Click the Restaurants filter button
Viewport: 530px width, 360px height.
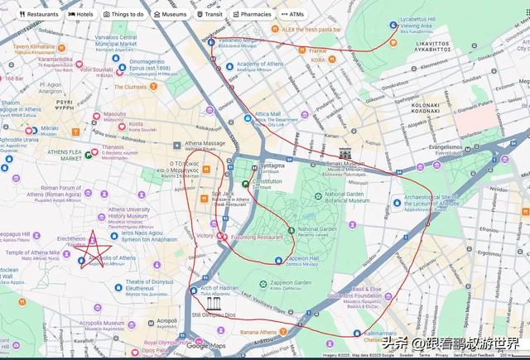click(x=38, y=14)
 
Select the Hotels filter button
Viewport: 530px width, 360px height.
click(x=82, y=14)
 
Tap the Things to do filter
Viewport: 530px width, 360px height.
click(x=123, y=14)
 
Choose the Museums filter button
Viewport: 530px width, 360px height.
click(x=170, y=14)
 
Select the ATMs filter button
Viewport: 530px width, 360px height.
click(x=292, y=14)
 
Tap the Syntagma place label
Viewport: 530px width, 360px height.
click(x=272, y=166)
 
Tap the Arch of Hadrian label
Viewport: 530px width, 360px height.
click(x=219, y=289)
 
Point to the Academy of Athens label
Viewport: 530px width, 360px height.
click(x=260, y=64)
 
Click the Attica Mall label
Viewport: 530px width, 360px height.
click(x=267, y=114)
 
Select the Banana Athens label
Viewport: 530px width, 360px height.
click(x=258, y=333)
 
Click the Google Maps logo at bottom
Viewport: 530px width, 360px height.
click(x=206, y=346)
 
